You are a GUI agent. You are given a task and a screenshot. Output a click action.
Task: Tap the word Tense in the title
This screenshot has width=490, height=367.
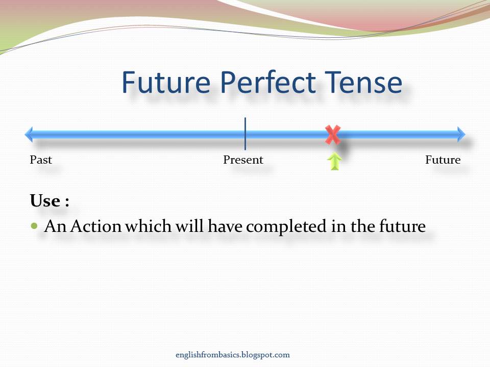[x=358, y=83]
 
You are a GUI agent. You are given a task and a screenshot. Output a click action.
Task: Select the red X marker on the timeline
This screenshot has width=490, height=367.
[x=333, y=135]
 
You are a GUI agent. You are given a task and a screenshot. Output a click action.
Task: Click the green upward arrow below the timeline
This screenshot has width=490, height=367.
[x=334, y=162]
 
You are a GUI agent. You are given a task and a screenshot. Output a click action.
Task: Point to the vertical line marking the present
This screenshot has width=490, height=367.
[x=245, y=134]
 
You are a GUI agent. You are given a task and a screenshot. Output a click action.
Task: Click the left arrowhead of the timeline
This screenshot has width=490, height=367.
[x=29, y=135]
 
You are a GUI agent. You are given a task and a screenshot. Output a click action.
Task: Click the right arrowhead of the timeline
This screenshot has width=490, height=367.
[x=461, y=135]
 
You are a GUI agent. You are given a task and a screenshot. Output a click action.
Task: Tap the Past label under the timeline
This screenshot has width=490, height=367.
[x=41, y=160]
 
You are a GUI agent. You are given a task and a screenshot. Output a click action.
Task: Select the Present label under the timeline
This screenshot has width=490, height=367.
[x=243, y=160]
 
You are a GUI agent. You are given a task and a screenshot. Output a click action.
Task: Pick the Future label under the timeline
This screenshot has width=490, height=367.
[x=443, y=160]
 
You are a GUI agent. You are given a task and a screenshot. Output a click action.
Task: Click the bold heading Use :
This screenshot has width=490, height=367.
[x=50, y=201]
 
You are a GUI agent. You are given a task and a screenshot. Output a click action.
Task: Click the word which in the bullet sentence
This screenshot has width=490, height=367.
[x=148, y=226]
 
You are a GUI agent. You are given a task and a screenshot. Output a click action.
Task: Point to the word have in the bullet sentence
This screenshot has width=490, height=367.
[x=225, y=226]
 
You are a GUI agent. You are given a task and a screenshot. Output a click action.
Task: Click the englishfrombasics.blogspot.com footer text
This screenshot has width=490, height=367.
[x=232, y=355]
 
